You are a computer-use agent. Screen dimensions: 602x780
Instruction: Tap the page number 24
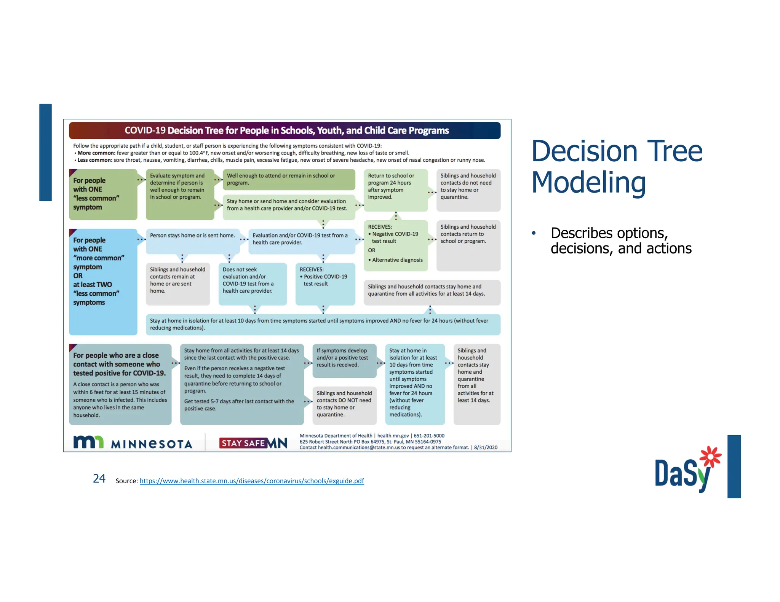99,478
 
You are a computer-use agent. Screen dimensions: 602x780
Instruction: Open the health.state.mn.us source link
252,481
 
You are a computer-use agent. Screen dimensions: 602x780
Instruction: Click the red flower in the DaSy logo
711,456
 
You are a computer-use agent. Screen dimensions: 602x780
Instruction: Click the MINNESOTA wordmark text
152,444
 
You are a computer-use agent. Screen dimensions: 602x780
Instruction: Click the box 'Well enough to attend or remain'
288,179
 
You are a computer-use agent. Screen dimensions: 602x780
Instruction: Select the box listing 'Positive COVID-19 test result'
325,283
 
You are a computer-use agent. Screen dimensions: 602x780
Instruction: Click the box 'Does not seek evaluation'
252,283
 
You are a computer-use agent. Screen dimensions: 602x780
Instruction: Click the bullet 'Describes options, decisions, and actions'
620,240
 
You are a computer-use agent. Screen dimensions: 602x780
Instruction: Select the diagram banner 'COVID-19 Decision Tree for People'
285,131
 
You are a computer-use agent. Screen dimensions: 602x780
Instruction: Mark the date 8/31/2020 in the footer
486,448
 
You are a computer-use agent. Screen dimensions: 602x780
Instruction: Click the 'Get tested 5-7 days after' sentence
239,405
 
